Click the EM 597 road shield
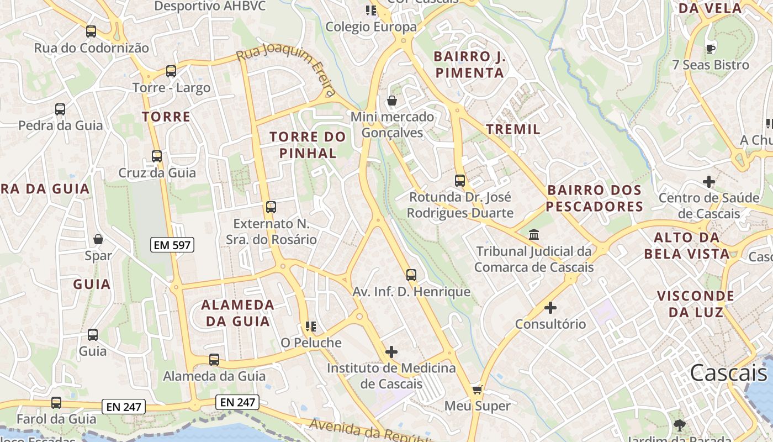click(x=172, y=245)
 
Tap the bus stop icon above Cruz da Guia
click(x=157, y=156)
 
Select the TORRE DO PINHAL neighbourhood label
click(x=308, y=145)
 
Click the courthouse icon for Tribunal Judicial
click(x=534, y=235)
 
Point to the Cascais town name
click(x=728, y=373)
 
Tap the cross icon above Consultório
click(x=550, y=308)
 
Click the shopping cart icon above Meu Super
click(x=477, y=390)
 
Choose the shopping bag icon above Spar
click(x=98, y=239)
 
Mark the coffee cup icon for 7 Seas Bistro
click(x=711, y=48)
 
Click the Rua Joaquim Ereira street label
click(x=286, y=71)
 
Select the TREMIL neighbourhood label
click(x=513, y=129)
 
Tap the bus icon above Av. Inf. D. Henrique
click(x=411, y=275)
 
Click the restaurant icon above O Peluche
click(x=311, y=327)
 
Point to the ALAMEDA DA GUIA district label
click(x=237, y=313)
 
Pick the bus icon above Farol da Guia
click(x=56, y=403)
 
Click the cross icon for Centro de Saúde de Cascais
click(x=709, y=181)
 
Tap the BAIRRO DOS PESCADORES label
click(x=595, y=198)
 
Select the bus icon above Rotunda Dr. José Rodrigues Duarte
click(x=460, y=180)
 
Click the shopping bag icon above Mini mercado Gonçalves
click(x=392, y=101)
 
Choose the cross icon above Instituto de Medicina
click(x=391, y=351)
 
